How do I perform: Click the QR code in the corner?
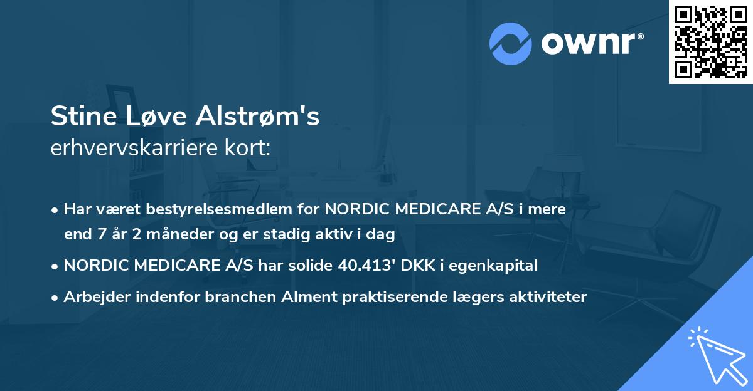(x=711, y=41)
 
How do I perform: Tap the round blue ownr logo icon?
(x=511, y=43)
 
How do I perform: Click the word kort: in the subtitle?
(x=251, y=149)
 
